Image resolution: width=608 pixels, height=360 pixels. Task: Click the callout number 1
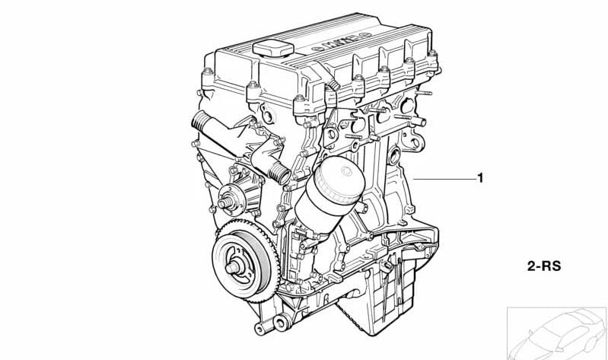[480, 178]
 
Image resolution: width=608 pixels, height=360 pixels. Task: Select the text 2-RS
[544, 266]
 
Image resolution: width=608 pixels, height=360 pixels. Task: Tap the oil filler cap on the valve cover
[273, 49]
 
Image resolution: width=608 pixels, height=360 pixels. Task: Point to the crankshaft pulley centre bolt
[234, 267]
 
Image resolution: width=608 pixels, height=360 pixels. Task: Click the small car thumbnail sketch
[557, 333]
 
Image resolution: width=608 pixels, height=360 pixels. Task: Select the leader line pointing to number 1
[444, 179]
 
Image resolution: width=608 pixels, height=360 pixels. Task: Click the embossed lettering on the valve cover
[341, 40]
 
